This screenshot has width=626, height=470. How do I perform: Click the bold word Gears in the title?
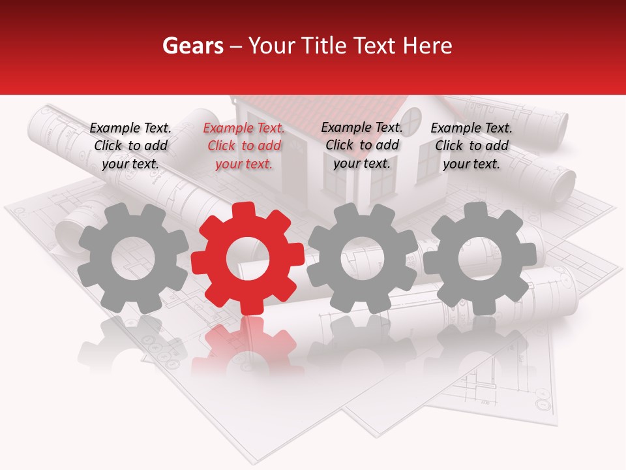(192, 46)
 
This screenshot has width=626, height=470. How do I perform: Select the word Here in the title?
(428, 46)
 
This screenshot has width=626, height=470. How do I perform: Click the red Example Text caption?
(244, 146)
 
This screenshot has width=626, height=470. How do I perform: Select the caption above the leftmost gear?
(130, 146)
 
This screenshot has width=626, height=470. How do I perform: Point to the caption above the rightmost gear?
(471, 146)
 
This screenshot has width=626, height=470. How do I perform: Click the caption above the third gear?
(362, 145)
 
